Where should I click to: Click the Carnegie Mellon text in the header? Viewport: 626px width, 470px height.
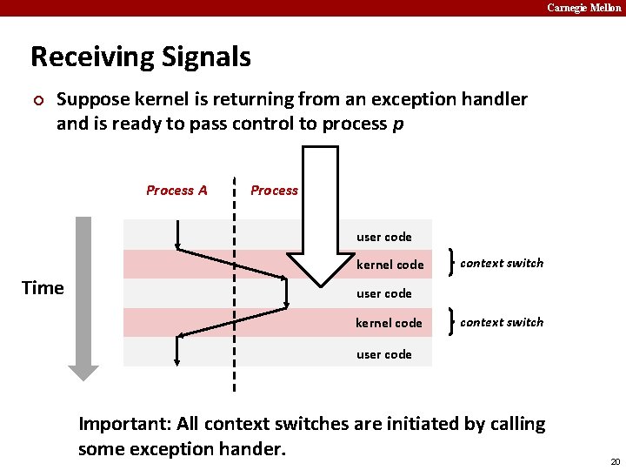point(583,8)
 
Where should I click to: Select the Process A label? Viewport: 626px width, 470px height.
point(176,191)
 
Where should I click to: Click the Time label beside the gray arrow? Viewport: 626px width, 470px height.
point(43,288)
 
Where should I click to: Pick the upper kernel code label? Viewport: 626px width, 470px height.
point(390,265)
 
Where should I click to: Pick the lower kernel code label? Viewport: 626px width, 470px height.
point(389,323)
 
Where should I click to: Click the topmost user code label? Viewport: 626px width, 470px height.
point(383,237)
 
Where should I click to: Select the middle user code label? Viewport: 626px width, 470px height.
point(383,293)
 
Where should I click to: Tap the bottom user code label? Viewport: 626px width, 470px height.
point(383,354)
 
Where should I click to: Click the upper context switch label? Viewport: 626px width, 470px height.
point(502,263)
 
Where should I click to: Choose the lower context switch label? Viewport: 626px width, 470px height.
point(502,322)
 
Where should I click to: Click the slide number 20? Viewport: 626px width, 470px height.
point(615,461)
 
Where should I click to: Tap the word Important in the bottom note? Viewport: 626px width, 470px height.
point(123,425)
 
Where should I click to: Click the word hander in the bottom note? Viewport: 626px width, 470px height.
point(254,449)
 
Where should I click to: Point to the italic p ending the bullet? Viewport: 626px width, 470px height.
point(397,124)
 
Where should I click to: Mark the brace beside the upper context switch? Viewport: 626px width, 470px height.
point(450,263)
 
